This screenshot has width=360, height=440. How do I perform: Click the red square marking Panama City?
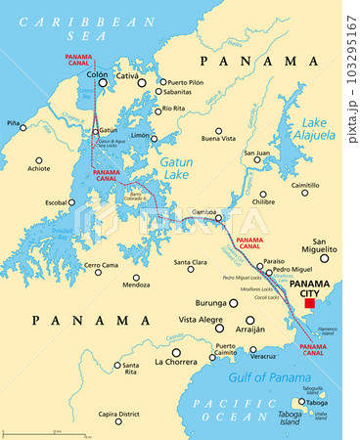(309, 304)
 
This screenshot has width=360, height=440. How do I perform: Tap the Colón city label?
(97, 74)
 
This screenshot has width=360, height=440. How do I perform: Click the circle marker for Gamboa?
(219, 218)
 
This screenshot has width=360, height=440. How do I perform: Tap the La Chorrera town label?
(176, 362)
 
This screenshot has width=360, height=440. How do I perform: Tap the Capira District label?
(119, 414)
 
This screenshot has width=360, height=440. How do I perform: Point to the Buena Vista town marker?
(218, 130)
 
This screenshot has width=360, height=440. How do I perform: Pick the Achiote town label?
(39, 168)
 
